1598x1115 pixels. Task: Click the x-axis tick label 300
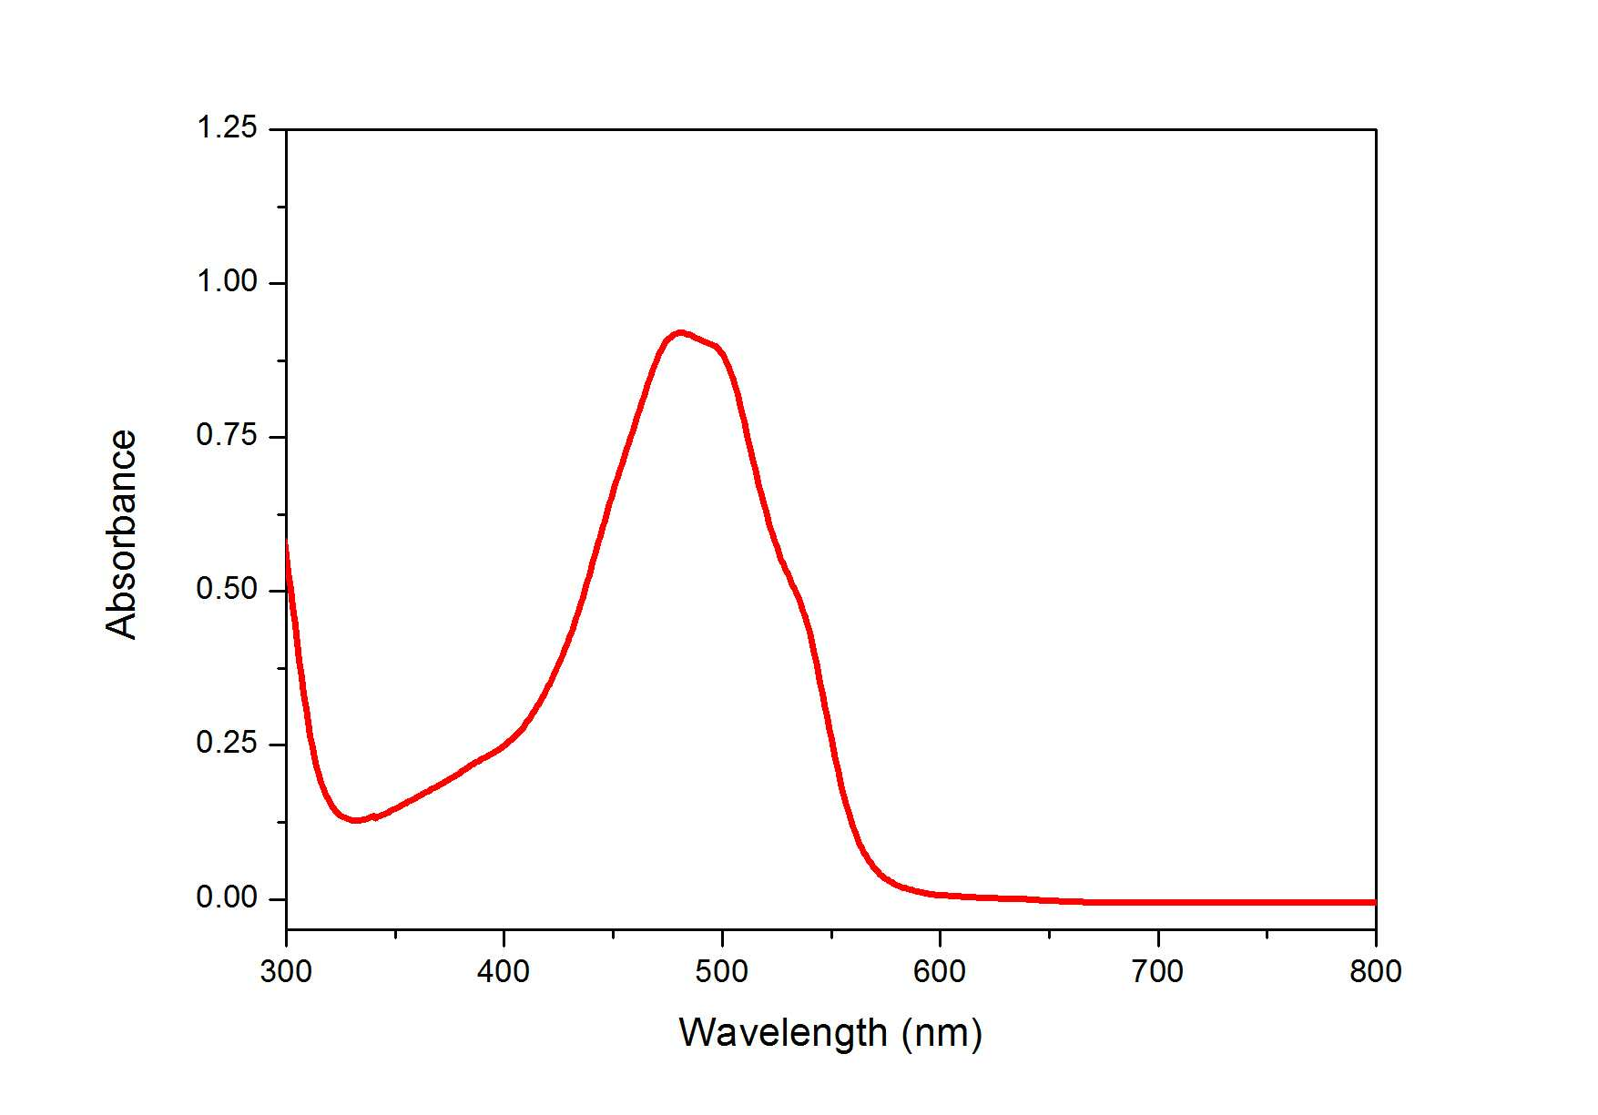pyautogui.click(x=286, y=972)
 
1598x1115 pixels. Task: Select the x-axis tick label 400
pyautogui.click(x=504, y=972)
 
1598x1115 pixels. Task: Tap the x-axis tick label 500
pyautogui.click(x=722, y=972)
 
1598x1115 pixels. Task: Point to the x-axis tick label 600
pyautogui.click(x=940, y=972)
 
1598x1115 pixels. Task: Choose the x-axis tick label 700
pyautogui.click(x=1157, y=972)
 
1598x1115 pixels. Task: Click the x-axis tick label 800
pyautogui.click(x=1376, y=972)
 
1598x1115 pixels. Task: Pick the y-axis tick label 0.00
pyautogui.click(x=227, y=898)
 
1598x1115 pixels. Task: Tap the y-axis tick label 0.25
pyautogui.click(x=227, y=744)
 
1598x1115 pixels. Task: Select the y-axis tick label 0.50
pyautogui.click(x=227, y=590)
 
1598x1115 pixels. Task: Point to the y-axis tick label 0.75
pyautogui.click(x=227, y=436)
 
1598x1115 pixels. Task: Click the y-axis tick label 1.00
pyautogui.click(x=227, y=282)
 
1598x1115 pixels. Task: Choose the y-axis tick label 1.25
pyautogui.click(x=227, y=128)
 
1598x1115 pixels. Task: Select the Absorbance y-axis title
pyautogui.click(x=121, y=534)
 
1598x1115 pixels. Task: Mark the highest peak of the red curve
pyautogui.click(x=679, y=333)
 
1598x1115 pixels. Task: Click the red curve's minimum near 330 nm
pyautogui.click(x=355, y=819)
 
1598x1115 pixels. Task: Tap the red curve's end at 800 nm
pyautogui.click(x=1375, y=902)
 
